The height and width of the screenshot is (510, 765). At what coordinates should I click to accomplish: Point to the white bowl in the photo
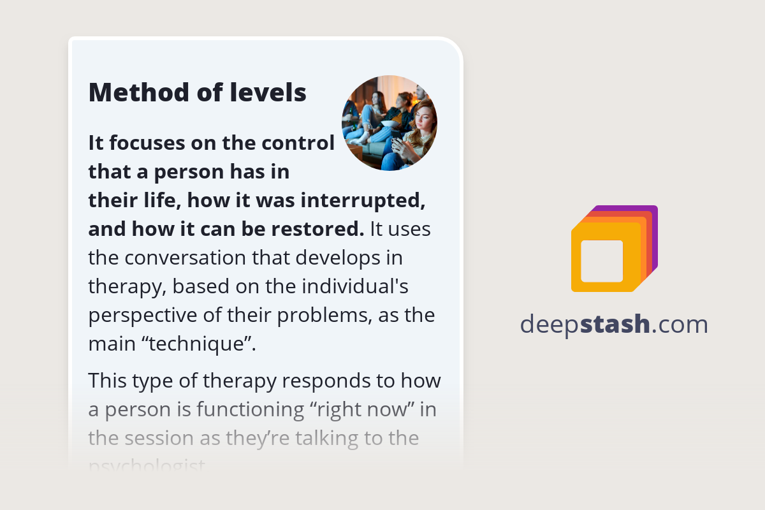coord(388,123)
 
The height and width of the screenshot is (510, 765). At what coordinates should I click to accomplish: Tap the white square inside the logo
coord(602,261)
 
